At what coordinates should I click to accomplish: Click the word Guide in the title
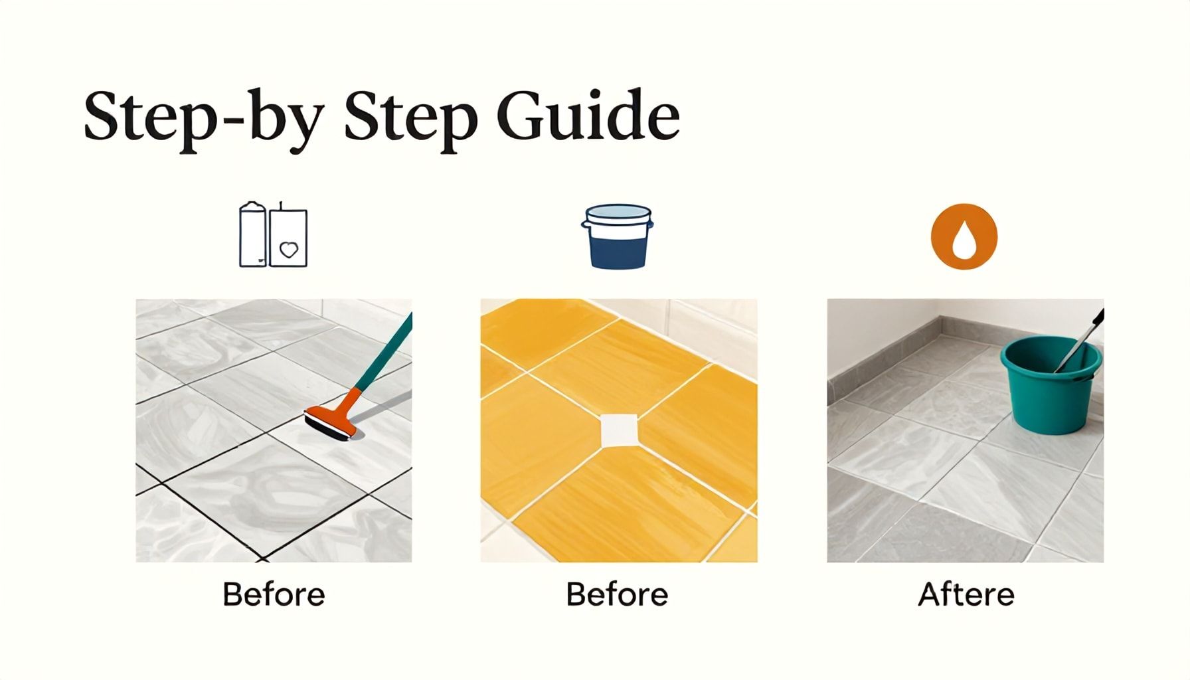(588, 116)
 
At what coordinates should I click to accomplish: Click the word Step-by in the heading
(203, 122)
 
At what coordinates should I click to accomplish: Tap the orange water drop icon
(964, 236)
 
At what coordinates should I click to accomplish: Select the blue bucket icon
(618, 236)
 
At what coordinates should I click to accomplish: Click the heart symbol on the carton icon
(289, 250)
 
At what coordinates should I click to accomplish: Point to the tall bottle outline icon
(252, 234)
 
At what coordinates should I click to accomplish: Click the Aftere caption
(966, 594)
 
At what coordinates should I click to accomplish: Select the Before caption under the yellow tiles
(618, 594)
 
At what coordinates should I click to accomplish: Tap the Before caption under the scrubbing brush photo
(274, 594)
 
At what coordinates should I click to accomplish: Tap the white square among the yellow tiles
(618, 430)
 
